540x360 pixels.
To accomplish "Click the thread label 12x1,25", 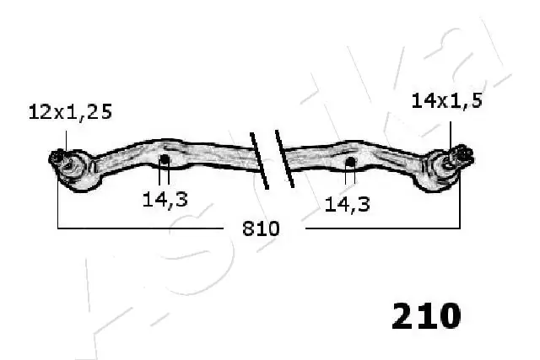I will pos(70,111).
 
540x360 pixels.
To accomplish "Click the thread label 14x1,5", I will pos(446,101).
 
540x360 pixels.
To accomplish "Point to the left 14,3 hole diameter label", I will pos(165,201).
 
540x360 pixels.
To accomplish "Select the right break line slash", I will pos(283,160).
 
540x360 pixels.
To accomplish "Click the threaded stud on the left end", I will pos(57,157).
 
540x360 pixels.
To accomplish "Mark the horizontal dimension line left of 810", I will pos(143,228).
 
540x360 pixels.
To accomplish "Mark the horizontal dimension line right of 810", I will pos(380,228).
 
